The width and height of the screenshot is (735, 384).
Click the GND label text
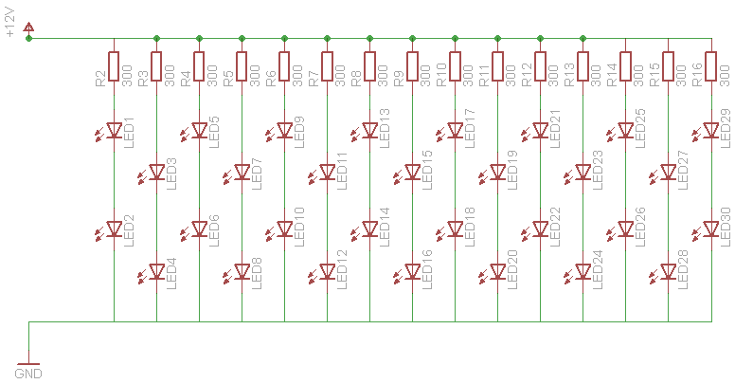(x=28, y=374)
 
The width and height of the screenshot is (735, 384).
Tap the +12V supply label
(x=10, y=23)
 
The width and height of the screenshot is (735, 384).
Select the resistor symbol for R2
(x=114, y=66)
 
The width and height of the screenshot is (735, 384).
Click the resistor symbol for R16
(x=711, y=66)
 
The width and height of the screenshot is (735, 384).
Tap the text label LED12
(x=342, y=269)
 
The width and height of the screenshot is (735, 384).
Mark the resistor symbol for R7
(x=327, y=66)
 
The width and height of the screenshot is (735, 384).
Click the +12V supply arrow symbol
(x=29, y=27)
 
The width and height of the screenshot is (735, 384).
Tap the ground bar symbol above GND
(x=28, y=364)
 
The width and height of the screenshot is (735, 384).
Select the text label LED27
(x=684, y=170)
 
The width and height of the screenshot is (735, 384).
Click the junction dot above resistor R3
(x=156, y=39)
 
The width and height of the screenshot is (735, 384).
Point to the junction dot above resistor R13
(x=583, y=39)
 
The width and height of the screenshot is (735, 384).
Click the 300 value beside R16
(x=725, y=76)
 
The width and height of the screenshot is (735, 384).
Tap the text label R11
(x=484, y=76)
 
